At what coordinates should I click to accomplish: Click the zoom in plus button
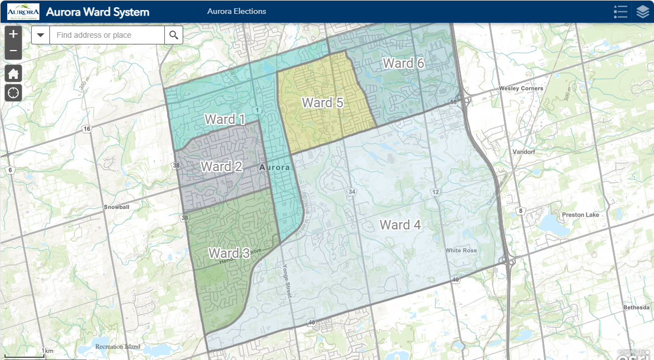pos(13,34)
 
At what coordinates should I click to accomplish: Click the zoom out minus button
pos(13,51)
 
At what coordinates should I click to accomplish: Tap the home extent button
pos(13,73)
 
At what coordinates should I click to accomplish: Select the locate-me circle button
pos(13,92)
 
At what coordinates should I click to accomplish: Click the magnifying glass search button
pos(174,35)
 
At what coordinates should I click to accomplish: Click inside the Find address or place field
pos(107,35)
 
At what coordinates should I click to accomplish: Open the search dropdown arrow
pos(41,35)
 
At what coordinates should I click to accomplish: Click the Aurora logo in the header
pos(23,12)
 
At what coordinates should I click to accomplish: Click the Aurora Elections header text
pos(237,11)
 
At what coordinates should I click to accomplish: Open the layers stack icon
pos(642,12)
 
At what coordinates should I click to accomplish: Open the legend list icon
pos(620,12)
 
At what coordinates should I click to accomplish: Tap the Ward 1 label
pos(225,119)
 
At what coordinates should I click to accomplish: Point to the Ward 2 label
pos(221,166)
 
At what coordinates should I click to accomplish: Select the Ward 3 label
pos(229,253)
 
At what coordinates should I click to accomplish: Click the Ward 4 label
pos(400,225)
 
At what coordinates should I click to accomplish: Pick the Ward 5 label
pos(323,103)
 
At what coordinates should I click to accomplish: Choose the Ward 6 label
pos(404,63)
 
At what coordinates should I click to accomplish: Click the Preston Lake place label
pos(578,214)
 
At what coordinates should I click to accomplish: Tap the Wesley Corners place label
pos(521,88)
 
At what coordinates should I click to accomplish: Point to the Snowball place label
pos(116,207)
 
